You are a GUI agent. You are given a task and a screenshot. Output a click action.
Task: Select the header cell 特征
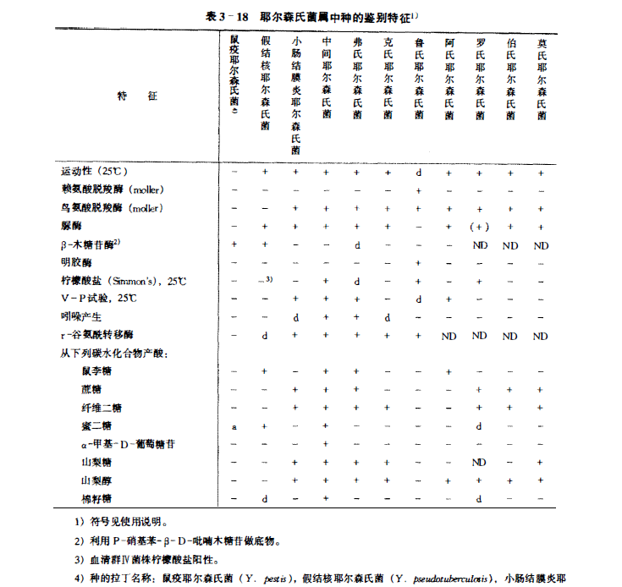point(137,97)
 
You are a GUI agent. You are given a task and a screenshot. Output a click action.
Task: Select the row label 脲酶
point(71,226)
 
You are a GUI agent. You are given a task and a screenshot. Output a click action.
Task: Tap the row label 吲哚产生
point(81,316)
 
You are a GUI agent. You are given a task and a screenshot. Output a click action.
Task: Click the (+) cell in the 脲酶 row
point(480,226)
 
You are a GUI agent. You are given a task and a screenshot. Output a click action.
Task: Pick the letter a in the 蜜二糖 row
point(234,425)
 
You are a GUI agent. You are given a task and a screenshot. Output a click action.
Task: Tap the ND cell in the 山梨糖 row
point(480,462)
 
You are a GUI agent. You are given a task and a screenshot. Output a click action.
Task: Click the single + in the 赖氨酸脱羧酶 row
point(418,189)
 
